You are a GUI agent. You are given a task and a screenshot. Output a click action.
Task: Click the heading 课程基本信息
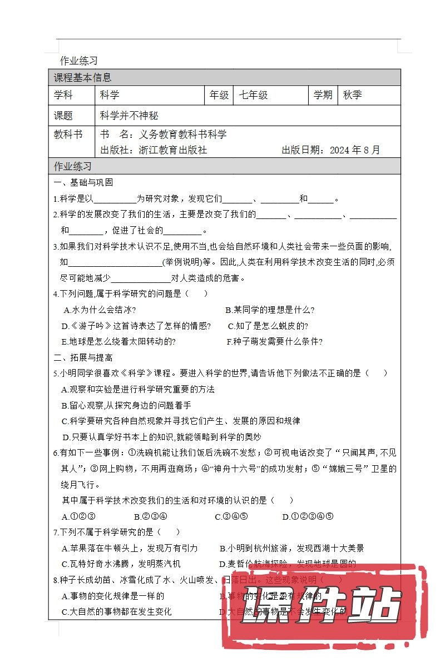point(82,78)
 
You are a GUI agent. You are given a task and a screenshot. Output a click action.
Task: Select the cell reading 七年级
point(254,95)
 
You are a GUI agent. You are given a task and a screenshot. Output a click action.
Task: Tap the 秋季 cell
point(353,95)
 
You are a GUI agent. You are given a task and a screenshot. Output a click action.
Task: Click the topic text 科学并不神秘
point(129,116)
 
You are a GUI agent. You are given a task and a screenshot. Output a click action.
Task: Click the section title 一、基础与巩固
point(83,182)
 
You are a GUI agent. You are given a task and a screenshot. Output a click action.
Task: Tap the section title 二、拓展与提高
point(83,357)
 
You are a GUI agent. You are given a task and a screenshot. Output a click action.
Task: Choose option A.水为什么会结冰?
point(100,310)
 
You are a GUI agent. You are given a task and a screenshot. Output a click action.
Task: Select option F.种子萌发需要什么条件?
point(275,341)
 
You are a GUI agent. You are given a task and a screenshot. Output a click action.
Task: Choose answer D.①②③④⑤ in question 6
point(308,516)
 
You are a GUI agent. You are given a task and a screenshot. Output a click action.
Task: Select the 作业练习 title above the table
point(79,61)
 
